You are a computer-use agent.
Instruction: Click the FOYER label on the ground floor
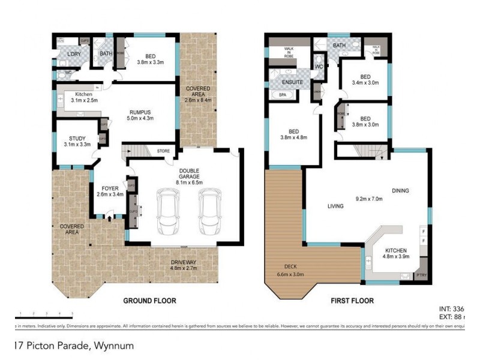click(x=109, y=187)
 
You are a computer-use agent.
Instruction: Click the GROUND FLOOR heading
click(x=149, y=301)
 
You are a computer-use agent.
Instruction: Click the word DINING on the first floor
click(x=401, y=191)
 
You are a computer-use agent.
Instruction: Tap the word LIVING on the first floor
click(x=335, y=206)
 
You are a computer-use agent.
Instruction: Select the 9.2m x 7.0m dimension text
click(x=369, y=199)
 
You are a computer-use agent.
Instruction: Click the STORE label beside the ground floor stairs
click(x=163, y=151)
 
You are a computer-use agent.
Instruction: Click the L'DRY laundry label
click(x=75, y=55)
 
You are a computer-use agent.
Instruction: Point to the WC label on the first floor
click(x=319, y=66)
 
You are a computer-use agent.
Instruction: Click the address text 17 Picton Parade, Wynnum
click(x=74, y=346)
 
